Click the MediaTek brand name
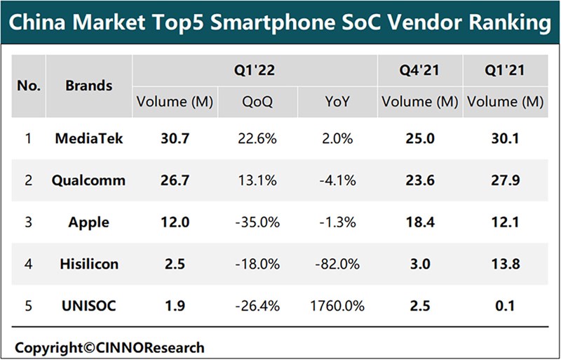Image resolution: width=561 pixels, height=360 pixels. click(88, 138)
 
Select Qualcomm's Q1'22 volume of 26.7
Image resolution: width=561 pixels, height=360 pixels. click(175, 180)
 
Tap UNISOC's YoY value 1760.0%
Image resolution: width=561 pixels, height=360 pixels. click(335, 306)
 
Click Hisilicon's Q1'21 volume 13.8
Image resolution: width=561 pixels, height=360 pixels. click(505, 265)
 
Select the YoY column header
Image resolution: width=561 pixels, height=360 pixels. click(335, 102)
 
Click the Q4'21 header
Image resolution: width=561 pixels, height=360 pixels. click(419, 71)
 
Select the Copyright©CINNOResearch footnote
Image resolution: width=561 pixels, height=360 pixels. click(110, 347)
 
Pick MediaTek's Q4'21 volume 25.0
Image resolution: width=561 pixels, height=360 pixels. click(419, 138)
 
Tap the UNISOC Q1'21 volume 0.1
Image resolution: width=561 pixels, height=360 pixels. click(505, 306)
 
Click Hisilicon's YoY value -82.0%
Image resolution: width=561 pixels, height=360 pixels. click(335, 265)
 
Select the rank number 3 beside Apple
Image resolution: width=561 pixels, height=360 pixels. click(29, 222)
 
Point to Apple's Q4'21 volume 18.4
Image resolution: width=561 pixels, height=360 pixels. click(419, 222)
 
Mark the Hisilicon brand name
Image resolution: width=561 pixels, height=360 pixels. click(88, 265)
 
